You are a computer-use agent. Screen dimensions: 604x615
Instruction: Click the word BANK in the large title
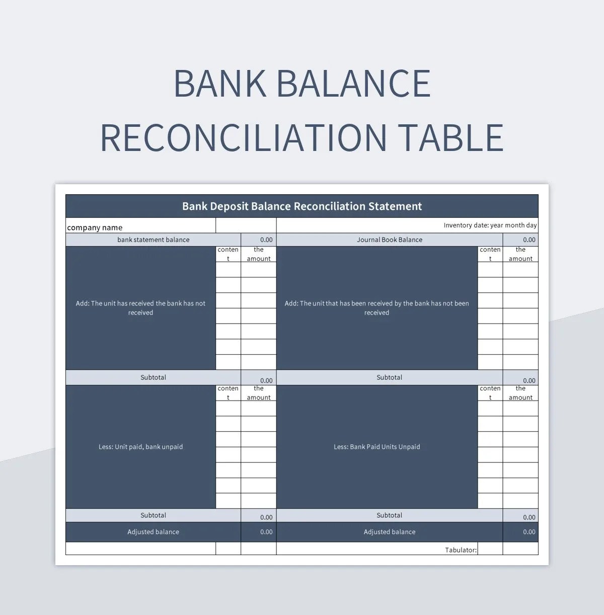coord(220,84)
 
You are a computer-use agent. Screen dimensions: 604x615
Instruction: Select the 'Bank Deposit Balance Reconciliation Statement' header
coord(302,206)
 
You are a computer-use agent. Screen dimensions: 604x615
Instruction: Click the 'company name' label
coord(95,227)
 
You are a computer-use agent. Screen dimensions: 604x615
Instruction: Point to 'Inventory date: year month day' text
coord(490,225)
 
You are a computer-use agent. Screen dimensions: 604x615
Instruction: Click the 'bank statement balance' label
coord(154,240)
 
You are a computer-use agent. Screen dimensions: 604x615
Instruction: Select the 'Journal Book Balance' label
coord(390,240)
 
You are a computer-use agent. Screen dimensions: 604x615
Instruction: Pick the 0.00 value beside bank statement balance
coord(266,240)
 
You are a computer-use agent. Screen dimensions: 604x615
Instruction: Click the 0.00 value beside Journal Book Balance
coord(529,240)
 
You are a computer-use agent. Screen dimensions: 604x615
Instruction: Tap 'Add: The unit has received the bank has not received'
coord(140,308)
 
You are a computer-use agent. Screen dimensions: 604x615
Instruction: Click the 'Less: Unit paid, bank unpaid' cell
coord(140,447)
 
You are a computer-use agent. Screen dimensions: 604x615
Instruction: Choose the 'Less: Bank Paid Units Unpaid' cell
coord(376,447)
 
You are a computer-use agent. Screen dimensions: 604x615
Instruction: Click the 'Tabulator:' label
coord(461,550)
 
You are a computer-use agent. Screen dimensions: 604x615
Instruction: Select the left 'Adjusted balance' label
coord(153,532)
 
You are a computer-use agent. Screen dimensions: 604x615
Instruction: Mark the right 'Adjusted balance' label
coord(390,532)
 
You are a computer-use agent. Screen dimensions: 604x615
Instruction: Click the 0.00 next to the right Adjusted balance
coord(529,532)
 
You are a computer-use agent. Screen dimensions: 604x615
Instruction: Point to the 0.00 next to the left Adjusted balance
coord(266,532)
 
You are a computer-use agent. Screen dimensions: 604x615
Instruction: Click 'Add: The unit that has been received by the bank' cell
coord(376,308)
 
